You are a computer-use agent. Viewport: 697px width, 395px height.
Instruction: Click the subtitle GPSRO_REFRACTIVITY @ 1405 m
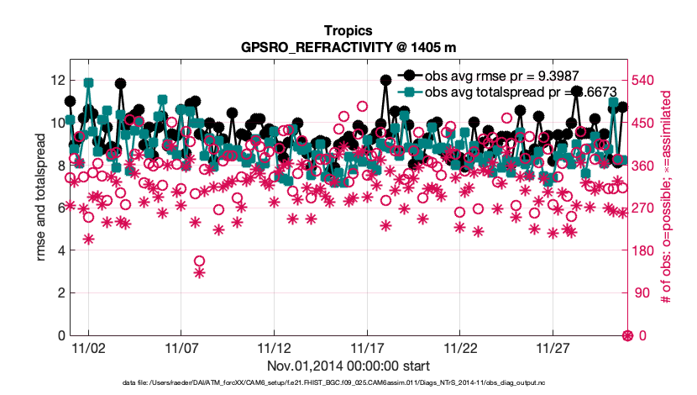coord(348,46)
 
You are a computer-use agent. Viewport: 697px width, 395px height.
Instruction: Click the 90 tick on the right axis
coord(644,293)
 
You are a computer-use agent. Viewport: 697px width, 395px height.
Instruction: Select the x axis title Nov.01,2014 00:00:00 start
coord(348,366)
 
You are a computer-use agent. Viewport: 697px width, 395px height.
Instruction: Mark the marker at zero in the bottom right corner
coord(627,335)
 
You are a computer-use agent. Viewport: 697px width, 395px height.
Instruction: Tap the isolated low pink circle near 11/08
coord(199,261)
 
